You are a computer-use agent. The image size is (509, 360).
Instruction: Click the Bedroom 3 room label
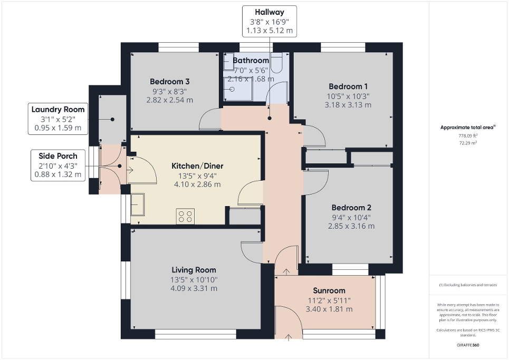pyautogui.click(x=169, y=82)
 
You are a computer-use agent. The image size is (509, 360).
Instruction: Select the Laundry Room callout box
pyautogui.click(x=58, y=119)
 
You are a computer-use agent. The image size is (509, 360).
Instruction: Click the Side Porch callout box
pyautogui.click(x=58, y=165)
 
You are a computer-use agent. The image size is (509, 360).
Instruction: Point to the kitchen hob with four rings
pyautogui.click(x=186, y=216)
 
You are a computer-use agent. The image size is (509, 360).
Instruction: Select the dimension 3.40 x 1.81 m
pyautogui.click(x=329, y=309)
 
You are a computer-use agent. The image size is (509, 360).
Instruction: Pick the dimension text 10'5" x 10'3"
pyautogui.click(x=348, y=96)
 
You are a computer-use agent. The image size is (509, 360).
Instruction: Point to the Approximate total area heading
pyautogui.click(x=468, y=127)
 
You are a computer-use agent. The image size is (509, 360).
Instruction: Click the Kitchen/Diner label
pyautogui.click(x=196, y=166)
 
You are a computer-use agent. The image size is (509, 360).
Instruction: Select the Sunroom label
pyautogui.click(x=329, y=290)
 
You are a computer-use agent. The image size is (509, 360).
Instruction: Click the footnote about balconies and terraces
pyautogui.click(x=468, y=285)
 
